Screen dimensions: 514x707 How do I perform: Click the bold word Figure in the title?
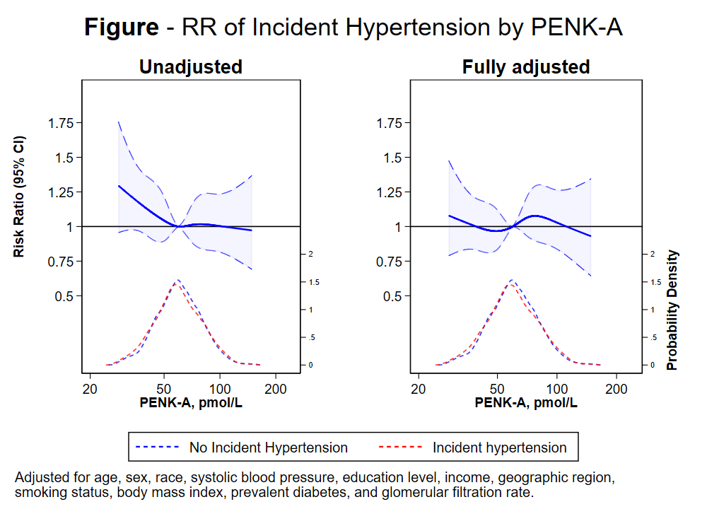click(x=121, y=28)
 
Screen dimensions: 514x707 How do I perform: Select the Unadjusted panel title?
click(x=190, y=67)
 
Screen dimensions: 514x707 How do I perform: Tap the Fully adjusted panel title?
click(x=525, y=67)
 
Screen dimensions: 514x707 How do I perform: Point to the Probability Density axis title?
click(x=672, y=310)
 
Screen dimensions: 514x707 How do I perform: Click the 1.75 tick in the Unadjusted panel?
click(x=61, y=124)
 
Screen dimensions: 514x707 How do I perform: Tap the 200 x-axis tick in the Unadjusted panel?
click(x=276, y=390)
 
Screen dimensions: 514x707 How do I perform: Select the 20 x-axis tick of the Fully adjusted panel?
click(x=419, y=390)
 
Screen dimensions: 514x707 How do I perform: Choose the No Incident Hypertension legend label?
click(x=268, y=448)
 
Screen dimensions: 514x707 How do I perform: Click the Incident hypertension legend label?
click(x=499, y=448)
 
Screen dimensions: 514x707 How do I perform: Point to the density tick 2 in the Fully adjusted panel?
click(x=652, y=254)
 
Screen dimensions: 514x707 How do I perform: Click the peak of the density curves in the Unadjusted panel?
click(x=177, y=280)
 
